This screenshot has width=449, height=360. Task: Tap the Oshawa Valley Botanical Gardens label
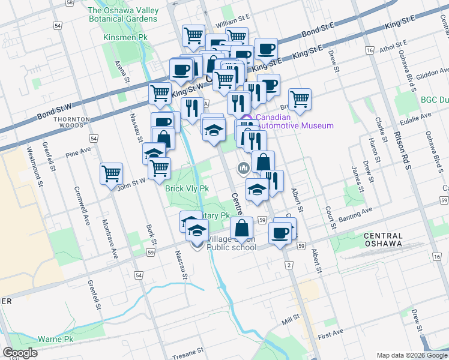[122, 14]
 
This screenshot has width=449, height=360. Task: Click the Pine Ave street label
[77, 152]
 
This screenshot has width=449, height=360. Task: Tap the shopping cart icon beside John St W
[112, 173]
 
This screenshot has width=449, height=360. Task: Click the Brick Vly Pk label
[187, 188]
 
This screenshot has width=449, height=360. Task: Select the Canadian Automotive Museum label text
[294, 121]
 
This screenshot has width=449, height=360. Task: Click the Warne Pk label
[55, 339]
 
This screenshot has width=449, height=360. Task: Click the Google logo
[20, 353]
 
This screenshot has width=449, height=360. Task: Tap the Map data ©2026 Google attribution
[412, 355]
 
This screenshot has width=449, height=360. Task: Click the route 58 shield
[70, 3]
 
